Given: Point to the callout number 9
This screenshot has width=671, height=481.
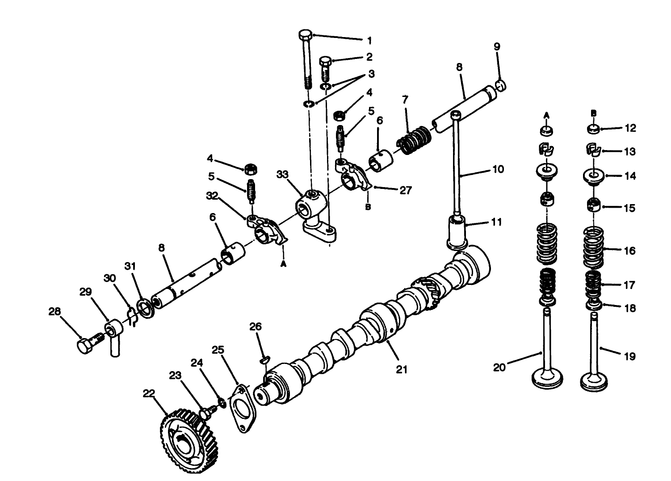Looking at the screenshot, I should (497, 46).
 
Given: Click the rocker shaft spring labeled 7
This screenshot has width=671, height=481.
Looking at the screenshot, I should (414, 139).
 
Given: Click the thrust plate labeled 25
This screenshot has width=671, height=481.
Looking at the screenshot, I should (243, 408).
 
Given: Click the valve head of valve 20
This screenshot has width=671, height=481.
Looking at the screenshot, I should (547, 379).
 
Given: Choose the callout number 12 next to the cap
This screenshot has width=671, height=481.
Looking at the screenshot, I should (630, 128).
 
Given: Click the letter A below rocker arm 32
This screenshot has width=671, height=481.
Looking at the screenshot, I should (282, 264).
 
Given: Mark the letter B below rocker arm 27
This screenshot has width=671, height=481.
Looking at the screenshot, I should (368, 208).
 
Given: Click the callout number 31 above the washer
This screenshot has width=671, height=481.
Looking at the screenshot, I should (130, 267).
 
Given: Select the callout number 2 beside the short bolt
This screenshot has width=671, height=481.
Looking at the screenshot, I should (369, 57).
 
